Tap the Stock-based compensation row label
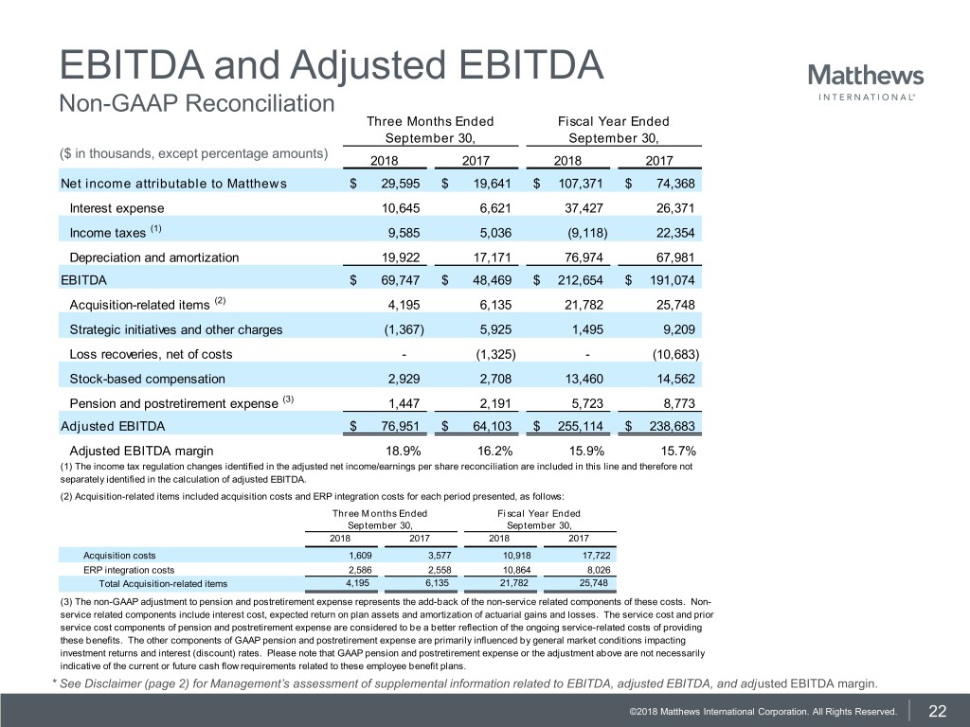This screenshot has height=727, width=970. click(148, 379)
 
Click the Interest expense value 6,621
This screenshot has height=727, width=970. click(490, 207)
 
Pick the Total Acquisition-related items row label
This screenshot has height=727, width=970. click(156, 583)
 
